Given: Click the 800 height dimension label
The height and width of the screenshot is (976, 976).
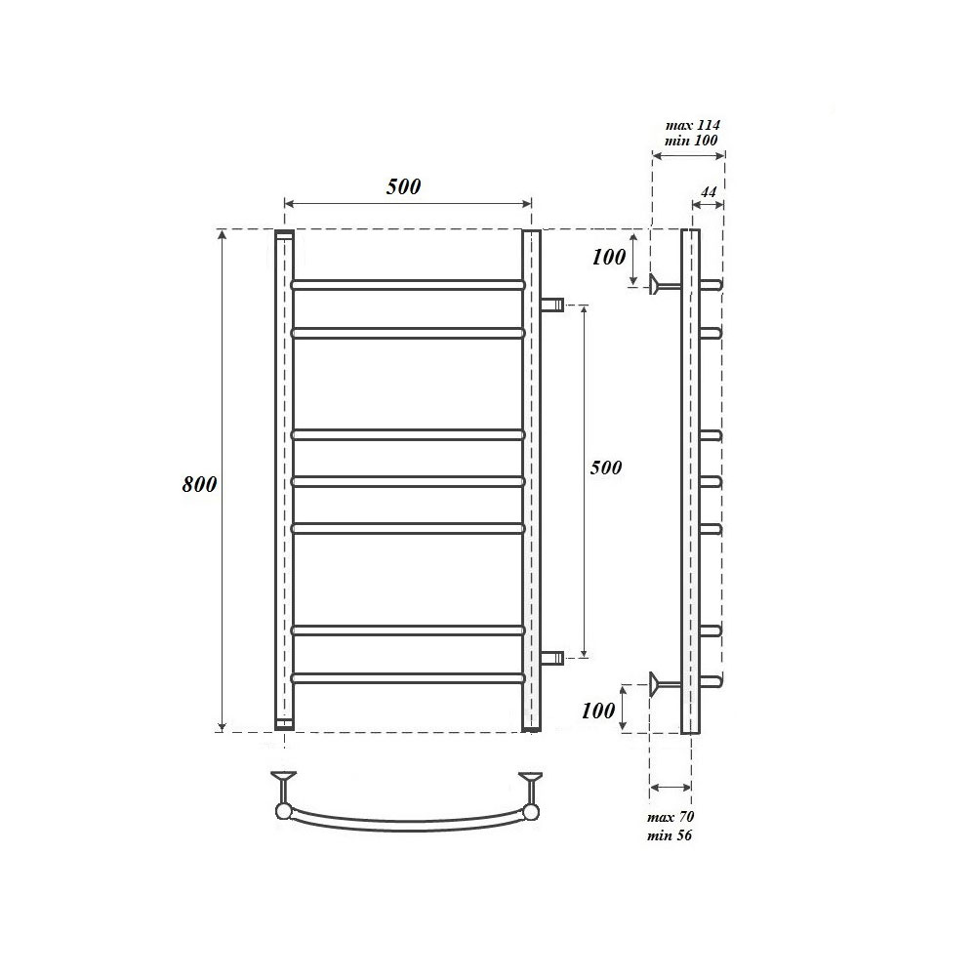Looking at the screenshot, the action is click(x=199, y=484).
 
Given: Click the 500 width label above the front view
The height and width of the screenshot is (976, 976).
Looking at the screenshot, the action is click(x=403, y=186).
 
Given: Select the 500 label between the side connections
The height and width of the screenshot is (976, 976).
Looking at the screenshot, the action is click(x=606, y=467).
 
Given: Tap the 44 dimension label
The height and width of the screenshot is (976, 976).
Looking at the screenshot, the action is click(x=709, y=191).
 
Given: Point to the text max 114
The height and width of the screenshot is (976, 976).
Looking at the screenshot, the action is click(x=692, y=125).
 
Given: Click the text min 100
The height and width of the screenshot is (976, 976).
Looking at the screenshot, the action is click(x=691, y=140).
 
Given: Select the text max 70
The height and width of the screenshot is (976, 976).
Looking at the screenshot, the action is click(x=671, y=817).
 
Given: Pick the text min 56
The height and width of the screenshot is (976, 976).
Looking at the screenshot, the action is click(x=670, y=834).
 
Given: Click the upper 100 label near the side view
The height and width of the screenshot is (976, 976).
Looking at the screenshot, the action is click(x=608, y=257).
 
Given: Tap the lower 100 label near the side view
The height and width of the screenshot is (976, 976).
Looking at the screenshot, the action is click(x=597, y=710).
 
